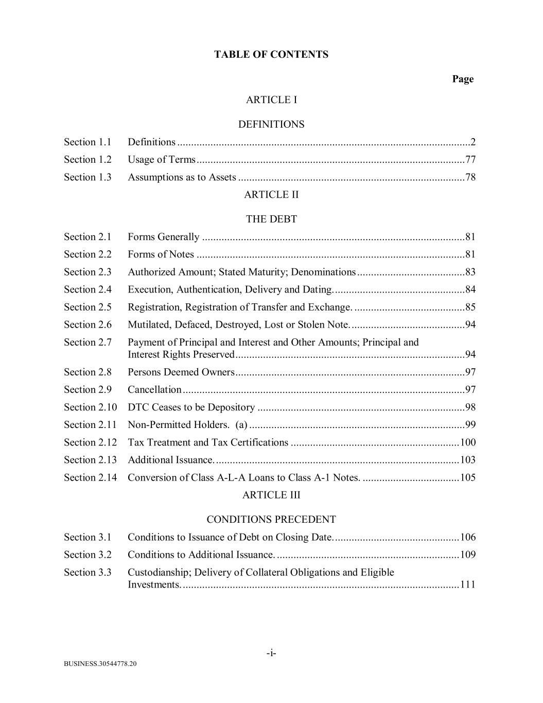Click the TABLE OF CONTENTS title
click(x=271, y=55)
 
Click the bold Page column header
click(x=463, y=79)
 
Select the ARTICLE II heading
click(x=271, y=195)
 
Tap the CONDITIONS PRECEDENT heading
click(x=271, y=519)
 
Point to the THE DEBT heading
click(x=271, y=219)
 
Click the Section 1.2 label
click(x=87, y=160)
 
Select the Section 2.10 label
click(x=90, y=407)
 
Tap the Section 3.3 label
click(x=87, y=572)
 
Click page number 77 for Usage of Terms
click(x=470, y=160)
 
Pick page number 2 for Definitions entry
click(x=473, y=142)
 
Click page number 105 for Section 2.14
click(x=468, y=477)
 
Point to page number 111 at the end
click(x=468, y=585)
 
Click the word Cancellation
click(x=154, y=390)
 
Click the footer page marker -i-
click(x=271, y=654)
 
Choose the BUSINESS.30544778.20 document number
click(x=100, y=664)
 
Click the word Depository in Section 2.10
click(x=231, y=407)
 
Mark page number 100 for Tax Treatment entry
click(x=468, y=442)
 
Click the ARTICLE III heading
click(x=271, y=495)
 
